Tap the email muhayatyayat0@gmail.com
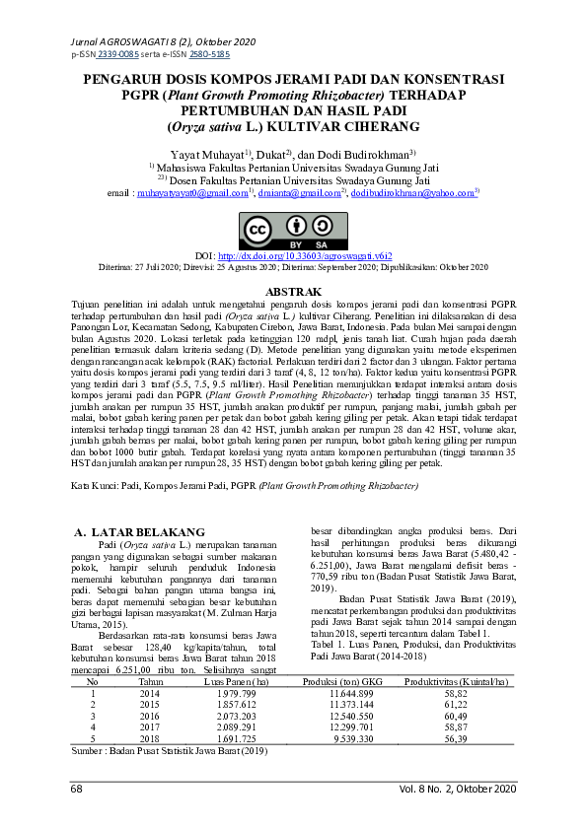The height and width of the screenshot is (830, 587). pos(193,194)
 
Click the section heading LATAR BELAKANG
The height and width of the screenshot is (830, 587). pos(146,533)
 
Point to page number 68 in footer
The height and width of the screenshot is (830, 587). pos(76,789)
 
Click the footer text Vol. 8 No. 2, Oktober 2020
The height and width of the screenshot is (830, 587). pos(457,789)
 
